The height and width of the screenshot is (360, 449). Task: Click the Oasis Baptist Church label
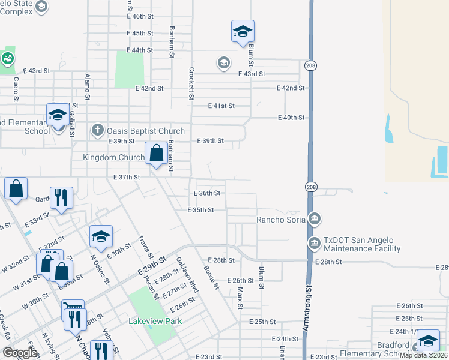click(146, 130)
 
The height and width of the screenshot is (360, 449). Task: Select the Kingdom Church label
click(113, 157)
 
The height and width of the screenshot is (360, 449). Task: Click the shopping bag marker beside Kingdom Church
click(156, 154)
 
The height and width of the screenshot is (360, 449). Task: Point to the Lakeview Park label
click(155, 321)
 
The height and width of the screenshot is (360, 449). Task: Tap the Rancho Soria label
click(282, 219)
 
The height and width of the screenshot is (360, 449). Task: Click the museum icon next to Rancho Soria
click(313, 219)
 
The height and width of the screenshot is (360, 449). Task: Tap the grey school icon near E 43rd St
click(224, 63)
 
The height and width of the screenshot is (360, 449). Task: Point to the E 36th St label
click(208, 193)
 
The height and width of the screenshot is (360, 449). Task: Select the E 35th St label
click(201, 210)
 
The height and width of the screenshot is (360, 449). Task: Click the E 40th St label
click(291, 118)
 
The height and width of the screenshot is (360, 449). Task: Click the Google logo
click(20, 353)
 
